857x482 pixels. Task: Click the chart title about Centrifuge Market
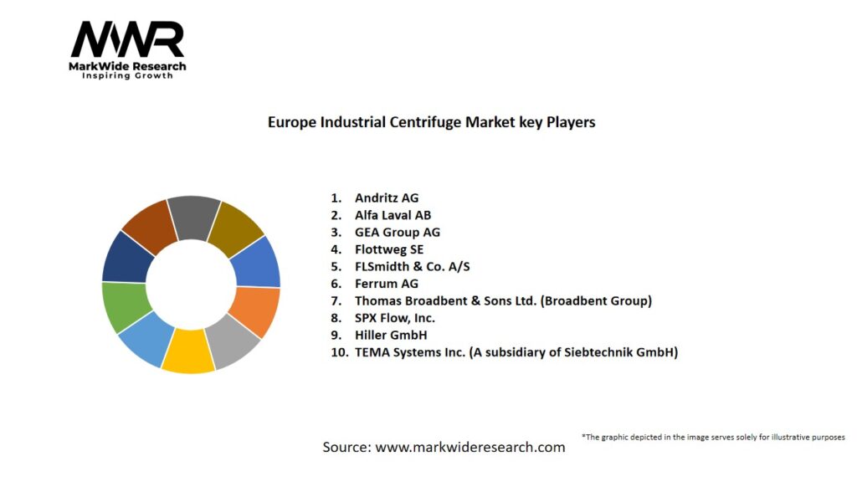point(431,122)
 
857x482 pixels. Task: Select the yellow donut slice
point(188,351)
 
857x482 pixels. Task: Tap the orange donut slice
point(255,311)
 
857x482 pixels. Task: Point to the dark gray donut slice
point(193,217)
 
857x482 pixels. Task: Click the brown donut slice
point(151,227)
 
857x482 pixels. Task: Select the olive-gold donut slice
point(236,225)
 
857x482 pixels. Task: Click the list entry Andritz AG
point(386,198)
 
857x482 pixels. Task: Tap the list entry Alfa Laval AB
point(393,215)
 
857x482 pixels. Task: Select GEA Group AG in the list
point(397,233)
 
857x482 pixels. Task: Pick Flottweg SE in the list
point(389,249)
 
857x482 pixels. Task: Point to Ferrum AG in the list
point(386,284)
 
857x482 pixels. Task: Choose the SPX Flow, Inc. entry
point(394,318)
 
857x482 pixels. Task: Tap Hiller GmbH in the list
point(391,335)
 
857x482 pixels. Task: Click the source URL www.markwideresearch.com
point(470,448)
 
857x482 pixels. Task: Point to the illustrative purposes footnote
point(713,437)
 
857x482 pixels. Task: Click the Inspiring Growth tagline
point(127,76)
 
